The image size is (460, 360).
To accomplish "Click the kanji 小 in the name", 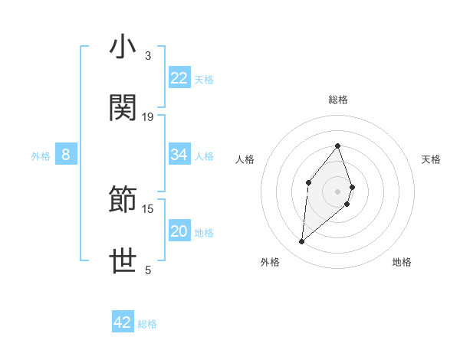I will coord(123,47).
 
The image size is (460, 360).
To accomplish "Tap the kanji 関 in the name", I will coord(123,108).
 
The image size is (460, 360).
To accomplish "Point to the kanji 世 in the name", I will coord(123,261).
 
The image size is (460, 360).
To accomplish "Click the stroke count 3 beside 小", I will coord(147,56).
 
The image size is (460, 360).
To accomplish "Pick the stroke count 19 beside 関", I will coord(148,116).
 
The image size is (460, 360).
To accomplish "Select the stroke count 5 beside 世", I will coord(147,270).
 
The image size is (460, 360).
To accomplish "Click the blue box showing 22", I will coord(179,78).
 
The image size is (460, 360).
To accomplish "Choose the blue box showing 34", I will coord(179,155).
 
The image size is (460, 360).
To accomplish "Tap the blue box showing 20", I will coord(179,231).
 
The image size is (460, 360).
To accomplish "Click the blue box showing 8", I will coord(66,155).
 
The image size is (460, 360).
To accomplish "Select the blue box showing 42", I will coord(123,322).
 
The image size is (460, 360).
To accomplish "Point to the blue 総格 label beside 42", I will coord(147,324).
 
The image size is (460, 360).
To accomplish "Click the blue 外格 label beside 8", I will coord(41,156).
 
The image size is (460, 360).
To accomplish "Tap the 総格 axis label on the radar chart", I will coord(338,100).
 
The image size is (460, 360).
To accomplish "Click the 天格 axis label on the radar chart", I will coord(432,159).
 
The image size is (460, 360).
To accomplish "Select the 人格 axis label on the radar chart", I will coord(245,159).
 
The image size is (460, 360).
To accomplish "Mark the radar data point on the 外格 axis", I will coord(302,242).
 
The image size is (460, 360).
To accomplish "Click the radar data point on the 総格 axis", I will coord(338,146).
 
